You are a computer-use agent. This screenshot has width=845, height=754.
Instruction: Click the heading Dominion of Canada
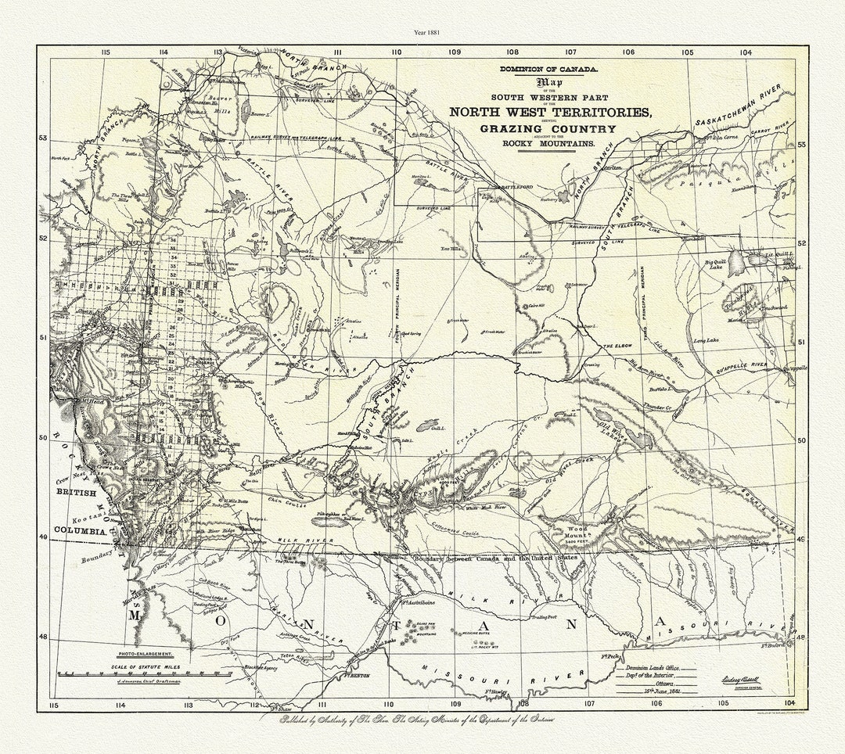pyautogui.click(x=548, y=70)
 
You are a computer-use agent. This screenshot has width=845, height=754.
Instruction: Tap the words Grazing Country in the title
pyautogui.click(x=548, y=129)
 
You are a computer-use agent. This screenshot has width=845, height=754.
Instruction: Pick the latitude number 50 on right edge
pyautogui.click(x=801, y=440)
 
